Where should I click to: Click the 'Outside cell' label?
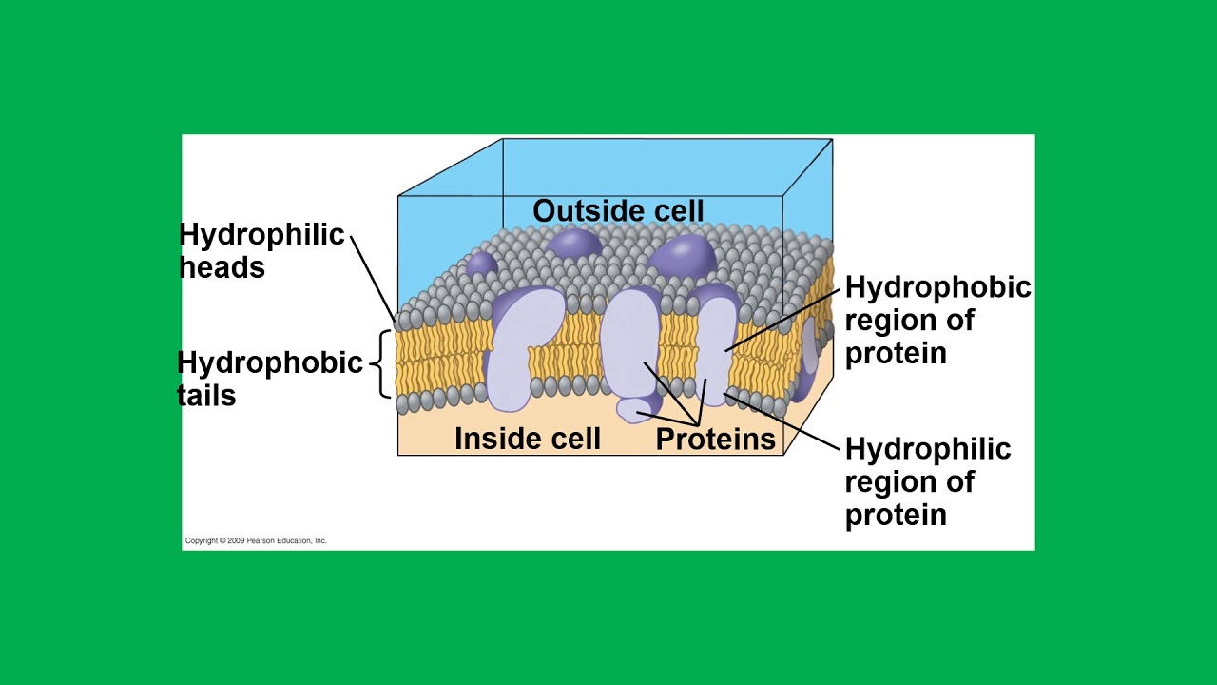618,210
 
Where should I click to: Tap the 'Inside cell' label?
528,439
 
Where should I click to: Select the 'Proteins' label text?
716,439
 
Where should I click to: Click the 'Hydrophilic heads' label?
261,250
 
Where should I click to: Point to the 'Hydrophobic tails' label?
269,379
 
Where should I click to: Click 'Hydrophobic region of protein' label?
937,320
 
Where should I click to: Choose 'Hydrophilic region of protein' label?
927,481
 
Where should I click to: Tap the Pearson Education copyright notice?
256,541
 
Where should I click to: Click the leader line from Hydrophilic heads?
373,279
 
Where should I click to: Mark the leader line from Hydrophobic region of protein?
782,321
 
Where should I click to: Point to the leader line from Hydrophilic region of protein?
782,421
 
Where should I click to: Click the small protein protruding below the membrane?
638,409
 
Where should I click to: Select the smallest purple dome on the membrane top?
481,264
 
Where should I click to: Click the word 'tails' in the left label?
206,395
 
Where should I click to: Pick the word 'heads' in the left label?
222,267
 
